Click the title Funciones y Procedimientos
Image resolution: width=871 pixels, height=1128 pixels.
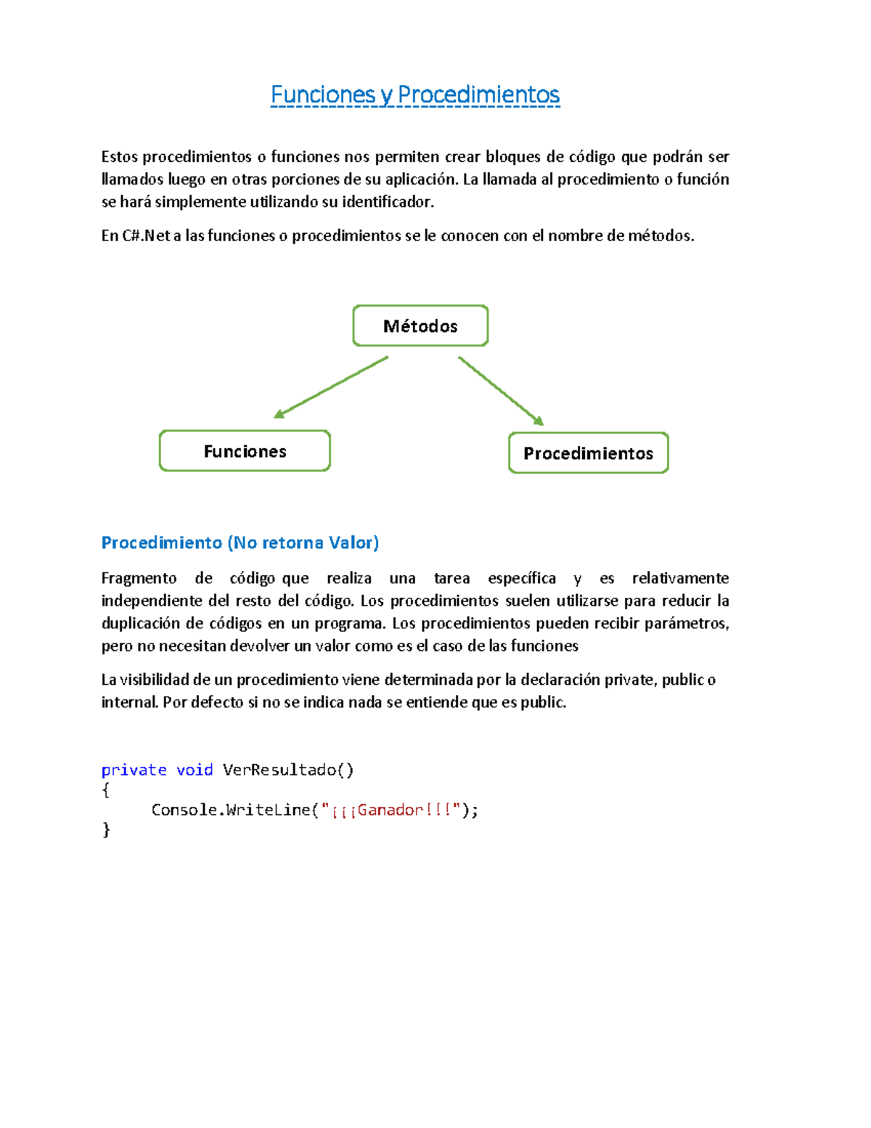(414, 95)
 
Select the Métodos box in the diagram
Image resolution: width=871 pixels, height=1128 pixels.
(420, 326)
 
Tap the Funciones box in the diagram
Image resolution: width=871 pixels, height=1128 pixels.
(245, 451)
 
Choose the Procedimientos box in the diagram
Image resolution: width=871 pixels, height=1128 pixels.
(588, 453)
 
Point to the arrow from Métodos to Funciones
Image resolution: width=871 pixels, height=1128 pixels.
(332, 386)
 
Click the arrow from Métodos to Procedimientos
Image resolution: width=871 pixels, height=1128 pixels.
(500, 390)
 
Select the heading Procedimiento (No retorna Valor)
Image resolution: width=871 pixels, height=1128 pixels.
(240, 543)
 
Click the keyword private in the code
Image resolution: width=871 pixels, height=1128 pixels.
(134, 770)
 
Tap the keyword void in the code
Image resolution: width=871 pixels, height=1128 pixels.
(195, 770)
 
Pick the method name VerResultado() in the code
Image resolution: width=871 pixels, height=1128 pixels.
(287, 770)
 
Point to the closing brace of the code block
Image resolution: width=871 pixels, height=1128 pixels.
(107, 829)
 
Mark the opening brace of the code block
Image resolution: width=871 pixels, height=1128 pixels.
(107, 790)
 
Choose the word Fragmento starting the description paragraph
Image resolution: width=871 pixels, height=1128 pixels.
(139, 578)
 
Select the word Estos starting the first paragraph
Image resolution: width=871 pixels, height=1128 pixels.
(119, 157)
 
